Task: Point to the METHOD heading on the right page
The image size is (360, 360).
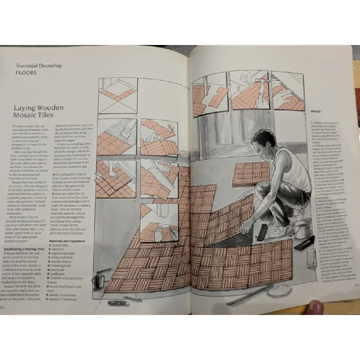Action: (x=316, y=111)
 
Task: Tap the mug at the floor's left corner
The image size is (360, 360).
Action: (x=98, y=281)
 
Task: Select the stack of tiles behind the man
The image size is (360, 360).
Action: (x=250, y=173)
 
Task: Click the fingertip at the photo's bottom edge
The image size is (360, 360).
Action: (x=317, y=308)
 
